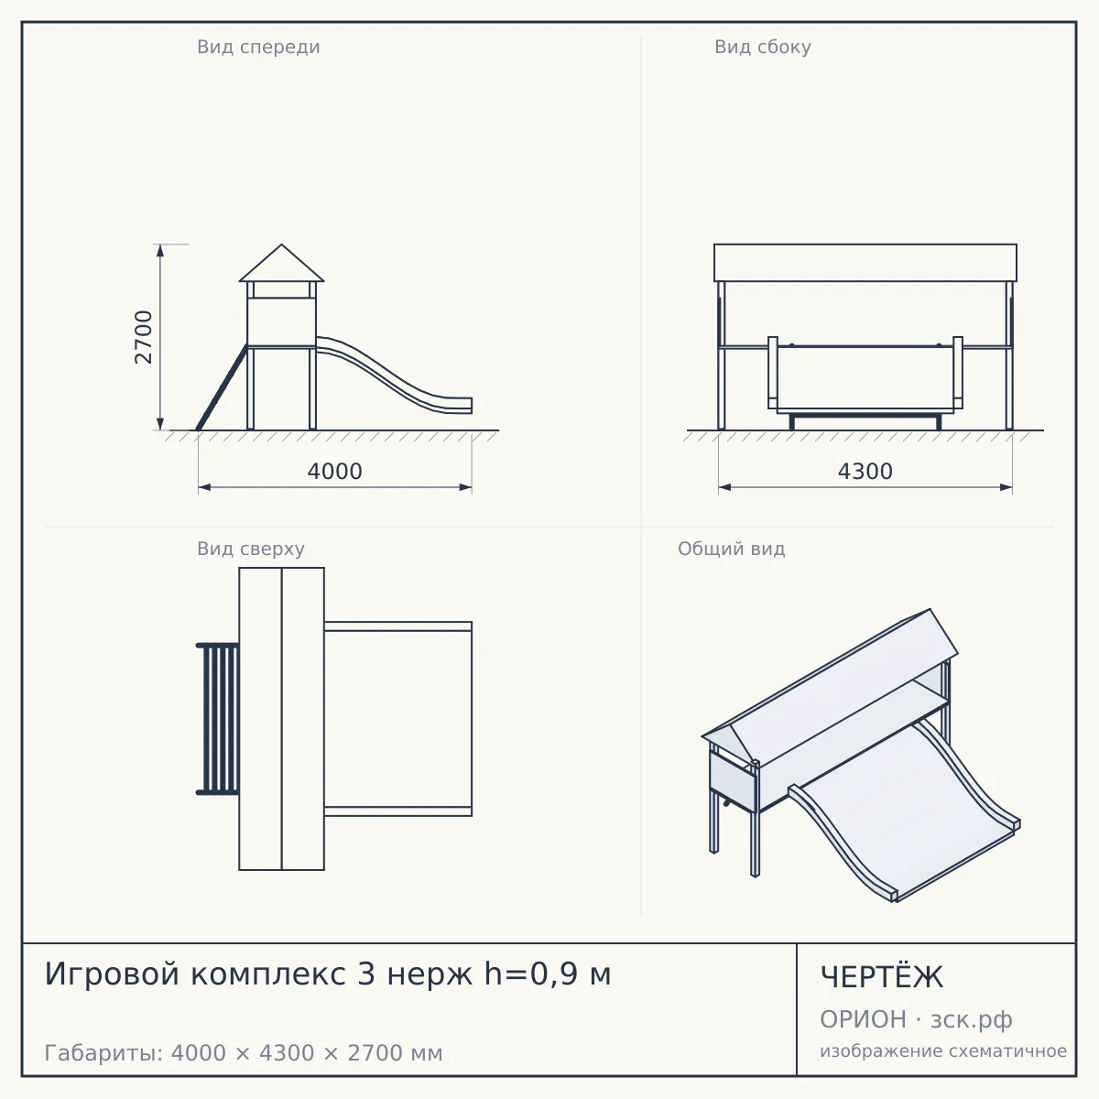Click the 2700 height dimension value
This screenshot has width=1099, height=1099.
coord(143,337)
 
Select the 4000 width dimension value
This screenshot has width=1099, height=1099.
coord(335,472)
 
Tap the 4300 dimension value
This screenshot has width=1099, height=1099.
coord(865,472)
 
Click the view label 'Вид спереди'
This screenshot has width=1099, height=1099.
coord(258,47)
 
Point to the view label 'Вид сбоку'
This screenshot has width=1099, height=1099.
coord(763,47)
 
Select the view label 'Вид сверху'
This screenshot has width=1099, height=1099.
coord(251,549)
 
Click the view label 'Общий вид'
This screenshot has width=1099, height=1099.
coord(731,549)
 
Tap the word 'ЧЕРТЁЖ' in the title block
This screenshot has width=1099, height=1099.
coord(882,977)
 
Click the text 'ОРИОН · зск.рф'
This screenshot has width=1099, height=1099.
coord(916,1019)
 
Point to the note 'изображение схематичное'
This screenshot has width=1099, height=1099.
coord(943,1051)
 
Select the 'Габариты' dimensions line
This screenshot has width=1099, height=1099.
coord(244,1053)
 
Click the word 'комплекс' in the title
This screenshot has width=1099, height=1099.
coord(268,974)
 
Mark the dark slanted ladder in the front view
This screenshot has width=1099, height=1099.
coord(222,387)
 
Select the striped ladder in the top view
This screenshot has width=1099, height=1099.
coord(217,719)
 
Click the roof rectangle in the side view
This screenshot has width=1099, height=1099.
coord(865,263)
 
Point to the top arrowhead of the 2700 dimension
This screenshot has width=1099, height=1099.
coord(160,251)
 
